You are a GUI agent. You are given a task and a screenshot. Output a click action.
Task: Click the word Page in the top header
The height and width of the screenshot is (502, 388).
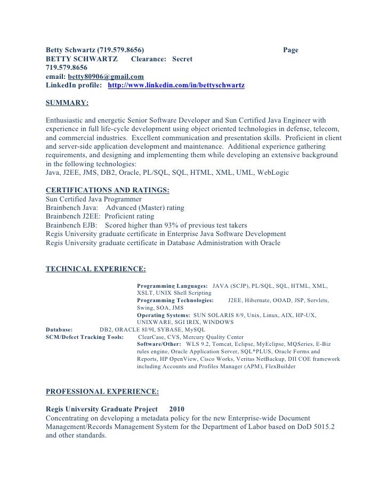click(x=290, y=50)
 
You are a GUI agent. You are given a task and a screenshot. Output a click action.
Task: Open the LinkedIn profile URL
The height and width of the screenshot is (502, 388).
click(x=176, y=86)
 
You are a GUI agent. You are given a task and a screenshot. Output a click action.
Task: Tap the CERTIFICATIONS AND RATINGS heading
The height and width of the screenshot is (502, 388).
click(x=108, y=189)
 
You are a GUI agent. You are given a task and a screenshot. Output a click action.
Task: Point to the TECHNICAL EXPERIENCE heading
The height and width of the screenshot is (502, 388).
click(x=96, y=268)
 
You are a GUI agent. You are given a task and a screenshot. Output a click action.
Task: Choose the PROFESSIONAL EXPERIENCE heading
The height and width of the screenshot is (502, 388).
click(x=102, y=392)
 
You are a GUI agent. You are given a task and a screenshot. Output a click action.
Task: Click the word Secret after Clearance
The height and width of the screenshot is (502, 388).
click(x=182, y=59)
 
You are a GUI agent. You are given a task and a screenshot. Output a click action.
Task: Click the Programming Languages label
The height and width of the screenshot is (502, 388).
click(x=172, y=286)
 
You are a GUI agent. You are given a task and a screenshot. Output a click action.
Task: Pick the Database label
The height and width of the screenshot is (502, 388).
click(x=63, y=330)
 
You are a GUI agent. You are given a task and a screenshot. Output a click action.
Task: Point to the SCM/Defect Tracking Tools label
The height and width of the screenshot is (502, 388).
click(x=85, y=337)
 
